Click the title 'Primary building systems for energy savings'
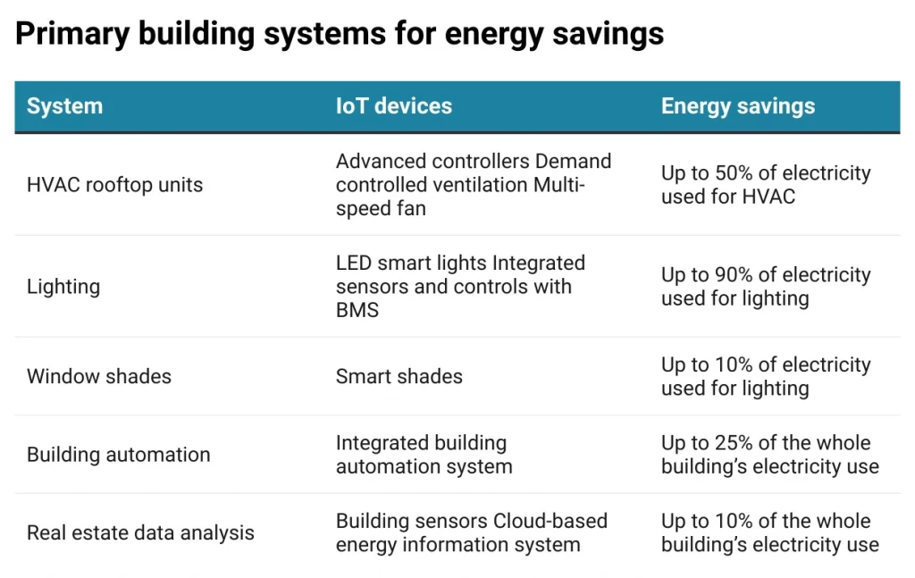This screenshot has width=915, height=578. pyautogui.click(x=340, y=34)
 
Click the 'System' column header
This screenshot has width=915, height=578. pyautogui.click(x=64, y=106)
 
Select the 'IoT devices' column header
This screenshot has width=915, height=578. pyautogui.click(x=393, y=106)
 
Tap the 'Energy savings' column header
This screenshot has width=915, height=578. pyautogui.click(x=737, y=106)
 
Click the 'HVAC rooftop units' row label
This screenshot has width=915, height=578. pyautogui.click(x=114, y=185)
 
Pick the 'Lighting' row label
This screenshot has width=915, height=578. pyautogui.click(x=63, y=287)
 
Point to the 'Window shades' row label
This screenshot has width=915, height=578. pyautogui.click(x=98, y=376)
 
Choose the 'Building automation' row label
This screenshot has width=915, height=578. pyautogui.click(x=118, y=455)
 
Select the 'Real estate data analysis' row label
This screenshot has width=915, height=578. pyautogui.click(x=140, y=533)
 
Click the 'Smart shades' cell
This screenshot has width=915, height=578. pyautogui.click(x=399, y=376)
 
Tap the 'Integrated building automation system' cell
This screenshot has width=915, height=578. pyautogui.click(x=424, y=455)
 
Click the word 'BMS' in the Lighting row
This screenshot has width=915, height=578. pyautogui.click(x=357, y=310)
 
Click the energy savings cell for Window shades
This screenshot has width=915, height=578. pyautogui.click(x=765, y=376)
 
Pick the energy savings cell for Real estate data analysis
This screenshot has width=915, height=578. pyautogui.click(x=769, y=533)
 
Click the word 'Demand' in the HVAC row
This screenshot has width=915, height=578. pyautogui.click(x=574, y=162)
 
